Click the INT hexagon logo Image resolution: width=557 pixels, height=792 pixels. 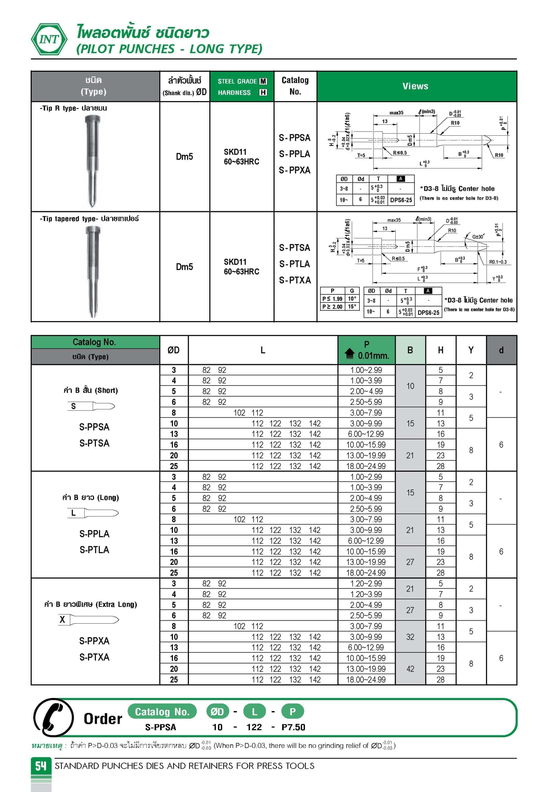coord(49,39)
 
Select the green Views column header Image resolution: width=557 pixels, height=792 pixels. coord(415,86)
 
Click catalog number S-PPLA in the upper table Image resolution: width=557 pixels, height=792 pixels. coord(294,154)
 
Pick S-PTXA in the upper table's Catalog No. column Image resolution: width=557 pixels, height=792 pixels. coord(295,280)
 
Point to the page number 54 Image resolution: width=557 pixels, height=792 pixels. coord(41,766)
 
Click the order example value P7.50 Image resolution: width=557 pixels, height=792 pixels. coord(293,727)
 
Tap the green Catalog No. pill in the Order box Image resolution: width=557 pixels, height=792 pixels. coord(162,712)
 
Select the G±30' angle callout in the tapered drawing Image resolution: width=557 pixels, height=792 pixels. coord(478,237)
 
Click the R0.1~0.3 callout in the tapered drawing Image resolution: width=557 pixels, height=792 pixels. coord(498,262)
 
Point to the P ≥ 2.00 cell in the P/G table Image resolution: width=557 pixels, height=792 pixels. coord(332,307)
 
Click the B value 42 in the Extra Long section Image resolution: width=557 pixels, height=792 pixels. coord(410,669)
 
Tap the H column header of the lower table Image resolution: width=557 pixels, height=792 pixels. coord(440,350)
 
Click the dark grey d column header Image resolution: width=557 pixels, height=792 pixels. coord(501,350)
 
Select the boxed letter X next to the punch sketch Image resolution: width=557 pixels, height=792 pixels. coord(62,619)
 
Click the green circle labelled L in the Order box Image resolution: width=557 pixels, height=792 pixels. coord(254,712)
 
